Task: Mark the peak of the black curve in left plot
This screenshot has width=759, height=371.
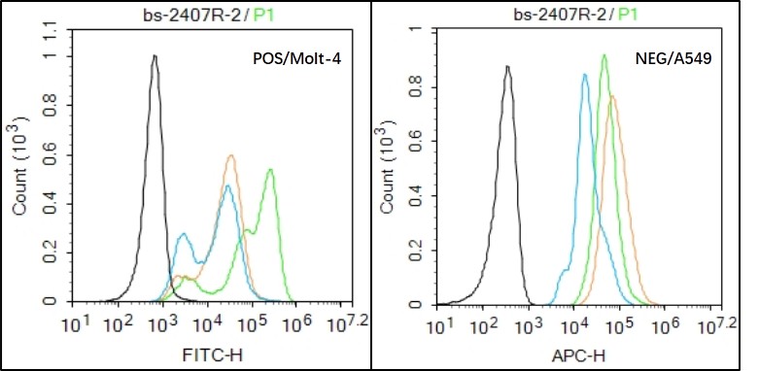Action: point(155,56)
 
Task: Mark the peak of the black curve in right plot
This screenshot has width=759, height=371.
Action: point(507,67)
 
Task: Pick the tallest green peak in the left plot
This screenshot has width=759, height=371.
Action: point(269,170)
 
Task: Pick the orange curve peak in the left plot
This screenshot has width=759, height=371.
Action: point(230,155)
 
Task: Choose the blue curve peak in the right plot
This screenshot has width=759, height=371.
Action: point(584,75)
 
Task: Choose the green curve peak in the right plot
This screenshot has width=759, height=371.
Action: point(604,55)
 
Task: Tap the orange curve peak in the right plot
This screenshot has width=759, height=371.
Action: point(612,95)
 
